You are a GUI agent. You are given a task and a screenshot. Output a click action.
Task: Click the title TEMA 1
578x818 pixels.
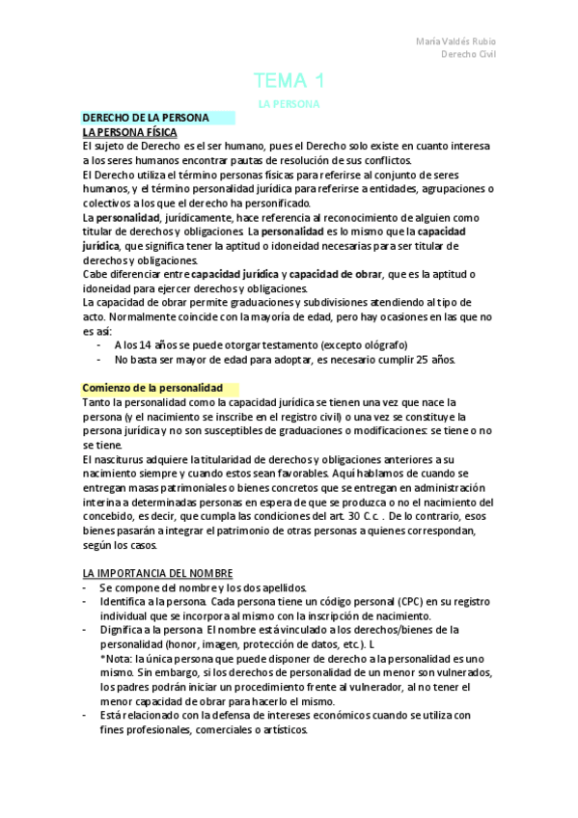coord(289,80)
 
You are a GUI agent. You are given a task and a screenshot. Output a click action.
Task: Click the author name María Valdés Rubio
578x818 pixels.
coord(456,41)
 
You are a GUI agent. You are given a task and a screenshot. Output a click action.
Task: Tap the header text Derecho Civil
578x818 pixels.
coord(469,55)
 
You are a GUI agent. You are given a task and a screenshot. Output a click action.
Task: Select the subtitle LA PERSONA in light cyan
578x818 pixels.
coord(289,102)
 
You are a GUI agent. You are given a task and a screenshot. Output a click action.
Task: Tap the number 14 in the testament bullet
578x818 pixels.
coord(145,344)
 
